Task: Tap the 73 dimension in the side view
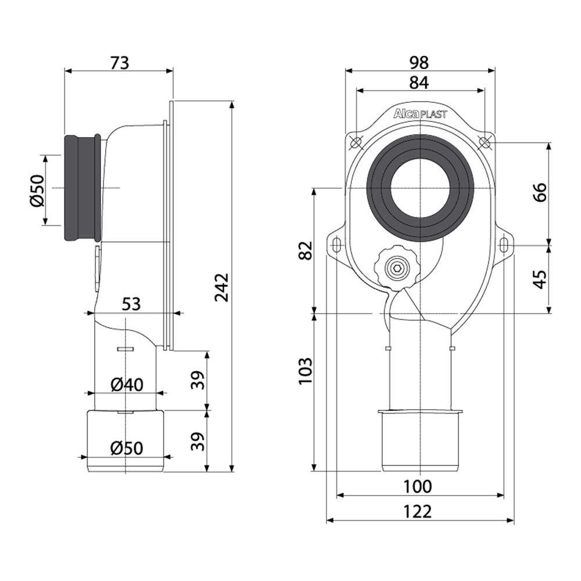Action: (x=120, y=63)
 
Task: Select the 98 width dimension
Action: (x=419, y=63)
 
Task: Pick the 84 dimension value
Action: (x=419, y=83)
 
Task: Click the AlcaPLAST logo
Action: (x=420, y=114)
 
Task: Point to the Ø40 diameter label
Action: (x=127, y=385)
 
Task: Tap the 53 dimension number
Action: (x=131, y=304)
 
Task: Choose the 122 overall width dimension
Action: (x=417, y=512)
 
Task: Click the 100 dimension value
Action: (x=417, y=486)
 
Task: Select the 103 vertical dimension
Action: (x=306, y=371)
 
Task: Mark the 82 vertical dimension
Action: (x=306, y=250)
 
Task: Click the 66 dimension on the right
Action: (x=541, y=192)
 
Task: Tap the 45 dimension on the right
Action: (x=540, y=279)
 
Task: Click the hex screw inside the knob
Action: (x=396, y=269)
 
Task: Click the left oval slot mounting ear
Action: (x=336, y=245)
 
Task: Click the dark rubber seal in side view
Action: (x=83, y=188)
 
